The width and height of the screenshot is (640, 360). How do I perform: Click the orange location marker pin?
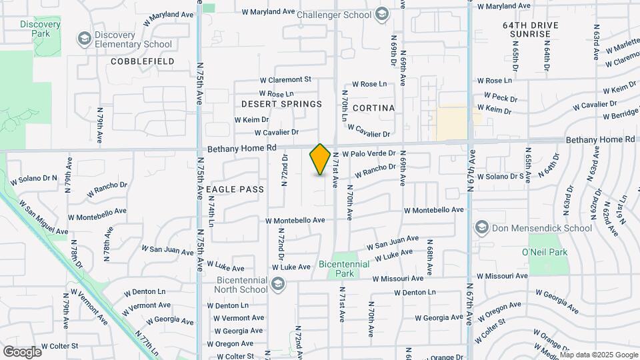pyautogui.click(x=320, y=159)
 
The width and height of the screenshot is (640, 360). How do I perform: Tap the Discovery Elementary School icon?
pyautogui.click(x=85, y=39)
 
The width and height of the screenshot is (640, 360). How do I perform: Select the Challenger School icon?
pyautogui.click(x=382, y=13)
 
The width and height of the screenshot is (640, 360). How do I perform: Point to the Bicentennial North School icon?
pyautogui.click(x=278, y=285)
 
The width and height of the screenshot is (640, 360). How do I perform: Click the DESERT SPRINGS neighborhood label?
pyautogui.click(x=281, y=104)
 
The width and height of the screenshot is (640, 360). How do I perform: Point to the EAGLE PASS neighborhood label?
pyautogui.click(x=235, y=189)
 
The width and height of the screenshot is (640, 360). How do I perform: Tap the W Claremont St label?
pyautogui.click(x=285, y=79)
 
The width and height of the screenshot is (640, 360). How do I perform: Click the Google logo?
pyautogui.click(x=22, y=351)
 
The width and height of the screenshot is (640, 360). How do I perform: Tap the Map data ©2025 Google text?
pyautogui.click(x=598, y=354)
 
